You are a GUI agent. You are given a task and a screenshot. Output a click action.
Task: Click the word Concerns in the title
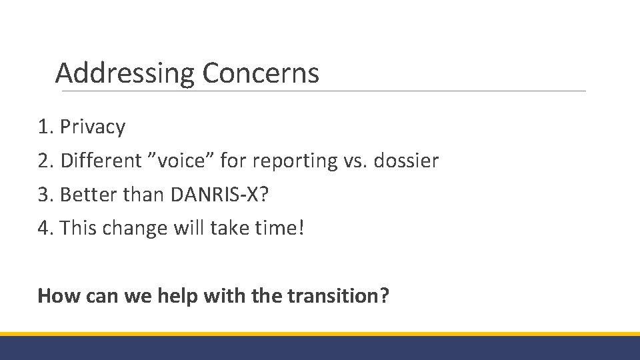coord(261,73)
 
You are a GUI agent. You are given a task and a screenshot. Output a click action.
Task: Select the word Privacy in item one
coord(93,127)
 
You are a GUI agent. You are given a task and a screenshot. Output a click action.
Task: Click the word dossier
coord(406,161)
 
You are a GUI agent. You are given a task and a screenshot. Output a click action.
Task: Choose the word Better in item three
coord(83,195)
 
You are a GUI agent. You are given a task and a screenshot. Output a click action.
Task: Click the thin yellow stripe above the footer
coord(320,334)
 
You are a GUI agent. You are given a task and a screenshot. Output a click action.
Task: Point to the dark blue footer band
coord(320,348)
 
